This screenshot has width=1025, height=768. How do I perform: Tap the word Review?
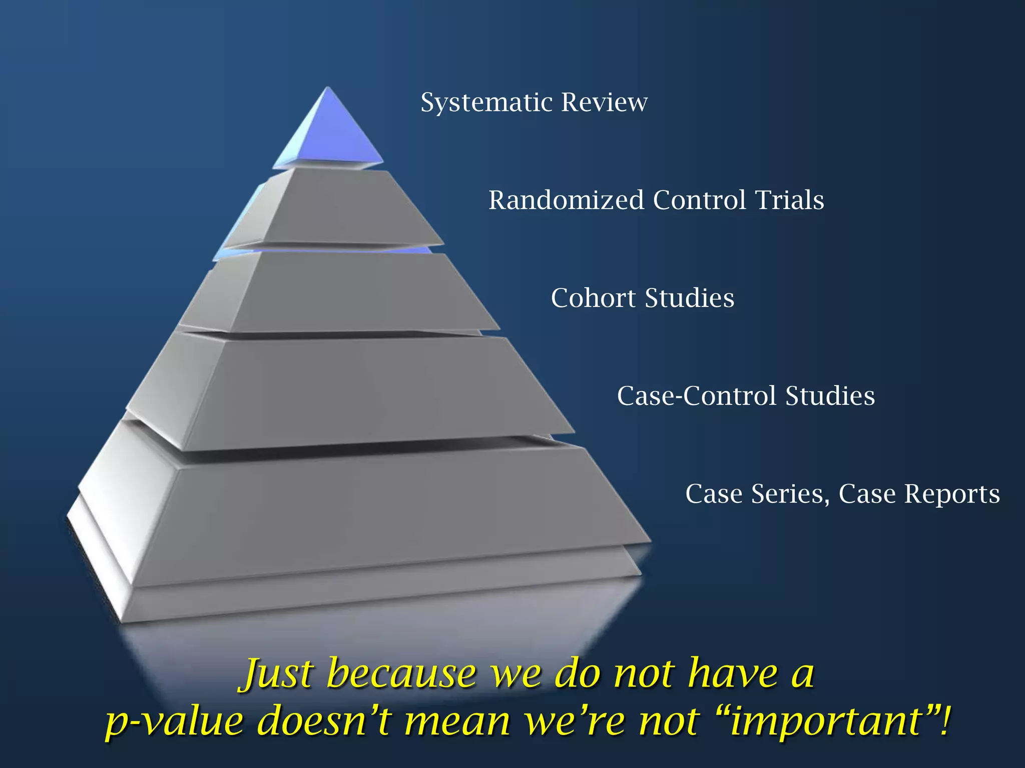click(604, 102)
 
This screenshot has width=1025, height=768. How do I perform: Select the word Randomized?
click(566, 200)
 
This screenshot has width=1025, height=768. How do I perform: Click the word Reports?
click(951, 494)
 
